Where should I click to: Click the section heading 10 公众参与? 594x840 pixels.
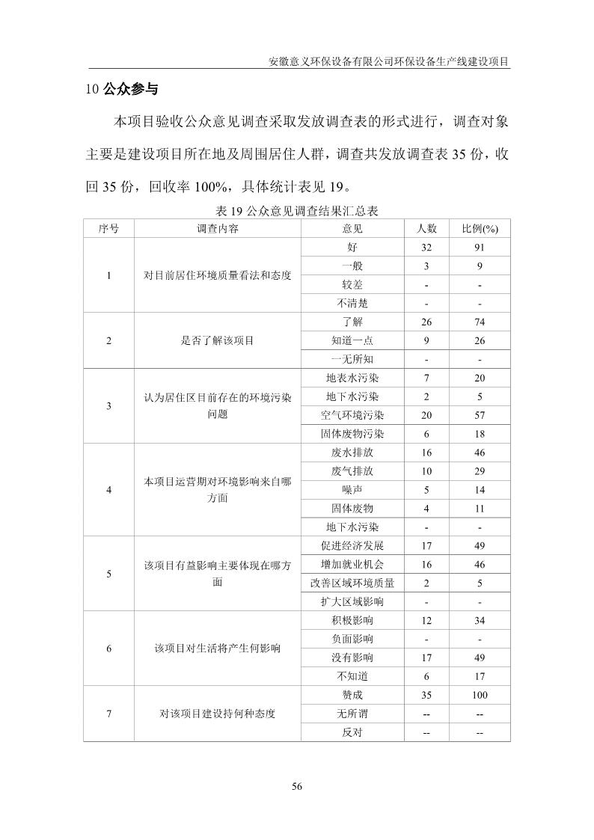[x=122, y=89]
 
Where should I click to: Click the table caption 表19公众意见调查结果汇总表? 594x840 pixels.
[x=296, y=211]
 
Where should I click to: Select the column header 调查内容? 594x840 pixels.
[x=217, y=229]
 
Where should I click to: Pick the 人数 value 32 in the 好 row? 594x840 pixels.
[x=426, y=248]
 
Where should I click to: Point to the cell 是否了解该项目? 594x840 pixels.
[x=217, y=340]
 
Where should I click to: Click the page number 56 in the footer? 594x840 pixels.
[x=296, y=786]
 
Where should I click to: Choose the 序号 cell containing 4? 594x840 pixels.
[x=109, y=490]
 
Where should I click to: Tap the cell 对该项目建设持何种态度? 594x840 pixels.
[x=217, y=714]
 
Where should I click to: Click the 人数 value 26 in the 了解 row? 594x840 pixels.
[x=426, y=322]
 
